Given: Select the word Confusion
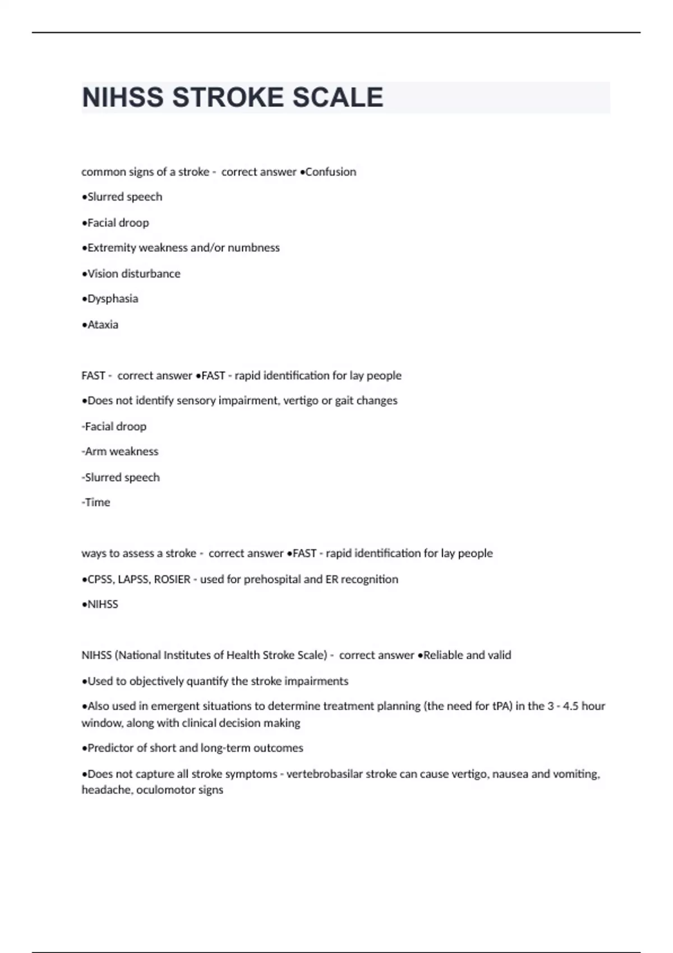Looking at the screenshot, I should tap(330, 172).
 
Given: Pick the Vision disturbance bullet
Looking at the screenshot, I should tap(131, 274).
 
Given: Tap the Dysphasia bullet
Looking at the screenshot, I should tap(110, 299).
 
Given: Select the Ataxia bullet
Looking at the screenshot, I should tap(100, 325).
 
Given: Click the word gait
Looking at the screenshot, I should tap(347, 401).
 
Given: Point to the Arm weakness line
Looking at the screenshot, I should tap(120, 452).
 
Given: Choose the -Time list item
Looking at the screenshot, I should tap(96, 502).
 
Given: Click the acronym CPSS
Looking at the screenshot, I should tap(100, 579).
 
